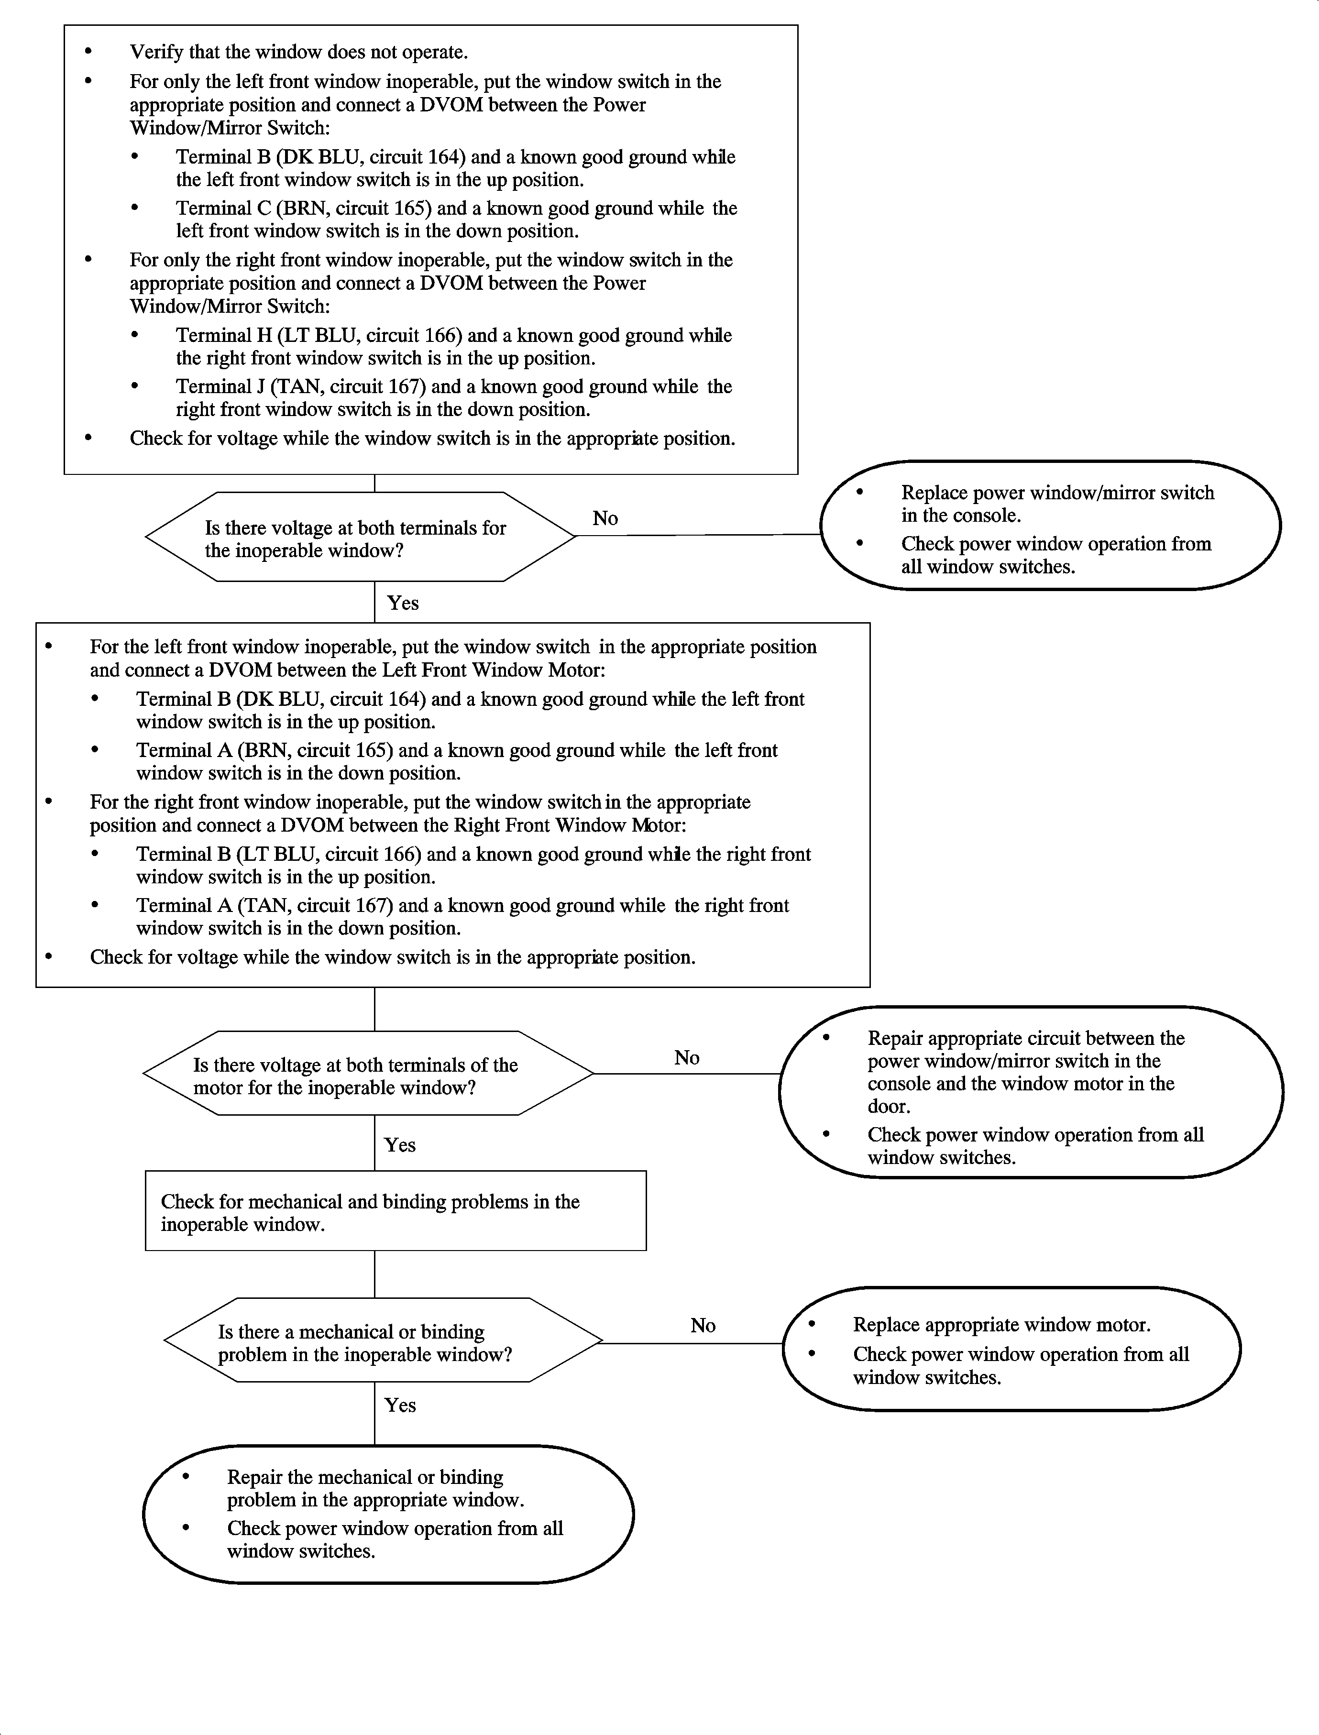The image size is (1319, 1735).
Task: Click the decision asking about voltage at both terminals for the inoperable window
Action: pyautogui.click(x=360, y=538)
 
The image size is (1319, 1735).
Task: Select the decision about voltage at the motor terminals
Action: pyautogui.click(x=367, y=1075)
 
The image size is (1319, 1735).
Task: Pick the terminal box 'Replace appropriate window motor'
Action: pyautogui.click(x=1011, y=1349)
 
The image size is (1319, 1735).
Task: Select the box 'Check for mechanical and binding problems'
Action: pyautogui.click(x=395, y=1211)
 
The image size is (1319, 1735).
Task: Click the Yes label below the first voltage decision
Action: pyautogui.click(x=403, y=603)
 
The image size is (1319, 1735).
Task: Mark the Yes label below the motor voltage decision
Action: pyautogui.click(x=400, y=1144)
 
